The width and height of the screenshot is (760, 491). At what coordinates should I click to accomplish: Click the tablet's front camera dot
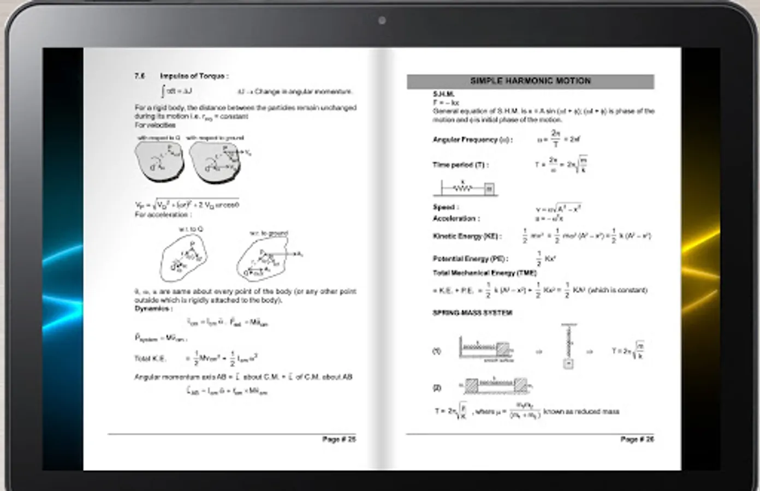(x=382, y=21)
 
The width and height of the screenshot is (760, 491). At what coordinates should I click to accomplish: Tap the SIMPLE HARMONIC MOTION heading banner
(x=530, y=81)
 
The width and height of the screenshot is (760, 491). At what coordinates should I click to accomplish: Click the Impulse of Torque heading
(x=194, y=76)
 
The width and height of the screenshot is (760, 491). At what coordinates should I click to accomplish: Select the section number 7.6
(x=140, y=76)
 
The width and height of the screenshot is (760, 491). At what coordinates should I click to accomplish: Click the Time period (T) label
(x=460, y=165)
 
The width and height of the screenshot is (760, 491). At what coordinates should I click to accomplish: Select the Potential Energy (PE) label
(x=470, y=259)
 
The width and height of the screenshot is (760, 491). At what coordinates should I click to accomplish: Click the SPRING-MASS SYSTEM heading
(x=472, y=313)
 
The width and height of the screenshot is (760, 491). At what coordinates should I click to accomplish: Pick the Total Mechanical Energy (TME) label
(x=484, y=273)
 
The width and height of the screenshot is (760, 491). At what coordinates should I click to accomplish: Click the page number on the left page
(x=339, y=439)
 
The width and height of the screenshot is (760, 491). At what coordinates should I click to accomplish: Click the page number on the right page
(x=637, y=439)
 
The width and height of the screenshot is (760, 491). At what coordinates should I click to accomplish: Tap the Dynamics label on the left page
(x=153, y=309)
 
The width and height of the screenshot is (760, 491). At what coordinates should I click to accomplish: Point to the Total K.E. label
(x=150, y=358)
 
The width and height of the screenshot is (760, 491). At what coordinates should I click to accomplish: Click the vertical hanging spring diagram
(x=568, y=347)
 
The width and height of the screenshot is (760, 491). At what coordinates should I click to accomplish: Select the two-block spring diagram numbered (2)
(x=495, y=386)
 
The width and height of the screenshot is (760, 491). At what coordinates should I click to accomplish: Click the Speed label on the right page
(x=446, y=207)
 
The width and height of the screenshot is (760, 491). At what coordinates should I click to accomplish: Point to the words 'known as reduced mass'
(x=581, y=411)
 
